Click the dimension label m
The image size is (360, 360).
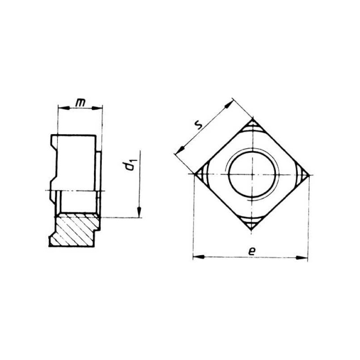tap(80, 103)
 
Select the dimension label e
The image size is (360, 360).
tap(252, 251)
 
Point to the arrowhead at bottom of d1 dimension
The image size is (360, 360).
tap(139, 211)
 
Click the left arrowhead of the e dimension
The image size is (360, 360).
tap(198, 257)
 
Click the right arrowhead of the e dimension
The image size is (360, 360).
tap(301, 258)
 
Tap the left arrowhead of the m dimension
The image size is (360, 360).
tap(63, 108)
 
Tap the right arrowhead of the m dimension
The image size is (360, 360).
tap(97, 108)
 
